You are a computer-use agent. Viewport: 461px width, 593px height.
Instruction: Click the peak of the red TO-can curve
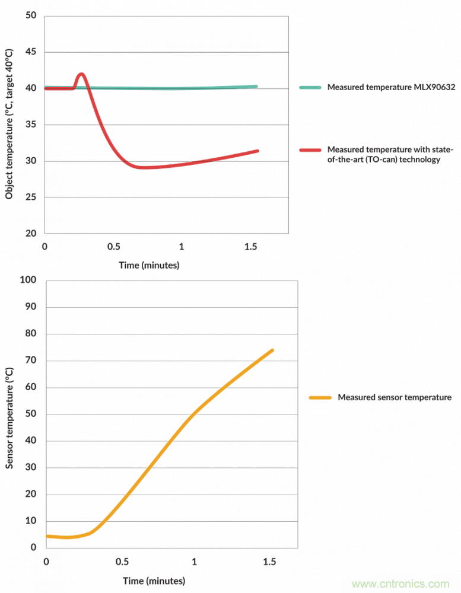pyautogui.click(x=81, y=74)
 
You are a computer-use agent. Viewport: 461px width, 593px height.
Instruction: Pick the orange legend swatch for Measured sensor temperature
pyautogui.click(x=320, y=397)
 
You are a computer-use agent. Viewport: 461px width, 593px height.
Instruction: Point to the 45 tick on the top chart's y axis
pyautogui.click(x=31, y=52)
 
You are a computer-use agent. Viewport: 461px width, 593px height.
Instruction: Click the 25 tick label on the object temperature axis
pyautogui.click(x=31, y=197)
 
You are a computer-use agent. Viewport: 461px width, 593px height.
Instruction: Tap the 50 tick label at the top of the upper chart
pyautogui.click(x=31, y=16)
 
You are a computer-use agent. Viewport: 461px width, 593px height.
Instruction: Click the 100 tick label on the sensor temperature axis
pyautogui.click(x=28, y=280)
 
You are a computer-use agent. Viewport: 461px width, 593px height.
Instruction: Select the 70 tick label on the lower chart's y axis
pyautogui.click(x=31, y=361)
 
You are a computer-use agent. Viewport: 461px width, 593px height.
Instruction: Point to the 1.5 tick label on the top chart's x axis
pyautogui.click(x=251, y=247)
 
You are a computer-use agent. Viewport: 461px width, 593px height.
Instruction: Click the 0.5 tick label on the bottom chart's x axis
pyautogui.click(x=122, y=562)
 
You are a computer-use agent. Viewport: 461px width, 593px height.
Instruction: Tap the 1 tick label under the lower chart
pyautogui.click(x=194, y=562)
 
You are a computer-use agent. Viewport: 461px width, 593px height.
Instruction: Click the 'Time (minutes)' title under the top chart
pyautogui.click(x=149, y=265)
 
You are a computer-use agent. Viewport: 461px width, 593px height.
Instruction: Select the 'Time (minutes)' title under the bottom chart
pyautogui.click(x=154, y=581)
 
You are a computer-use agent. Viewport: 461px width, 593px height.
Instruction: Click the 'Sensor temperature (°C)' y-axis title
pyautogui.click(x=9, y=416)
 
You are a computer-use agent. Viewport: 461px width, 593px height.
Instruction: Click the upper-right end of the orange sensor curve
pyautogui.click(x=272, y=350)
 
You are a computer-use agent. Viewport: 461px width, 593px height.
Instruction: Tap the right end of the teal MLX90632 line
pyautogui.click(x=256, y=87)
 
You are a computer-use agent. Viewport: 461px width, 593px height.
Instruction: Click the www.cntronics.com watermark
pyautogui.click(x=404, y=584)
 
